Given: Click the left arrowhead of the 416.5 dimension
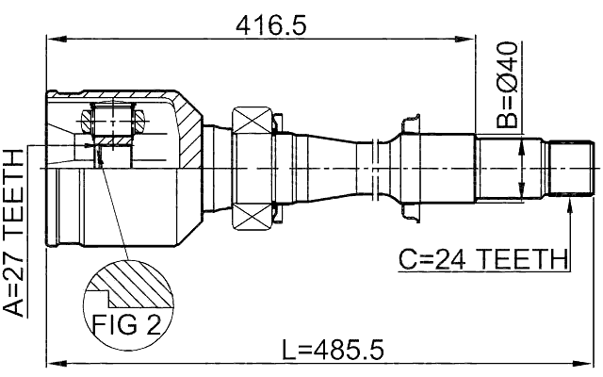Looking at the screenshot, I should (53, 39).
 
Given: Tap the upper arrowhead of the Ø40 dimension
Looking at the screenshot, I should (521, 144).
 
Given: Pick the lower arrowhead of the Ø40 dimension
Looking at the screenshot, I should (521, 195).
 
